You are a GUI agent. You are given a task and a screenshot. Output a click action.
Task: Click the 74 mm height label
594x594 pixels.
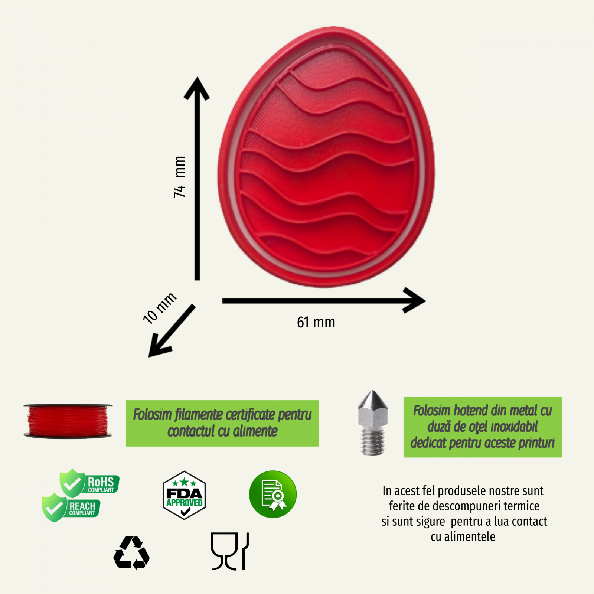179,177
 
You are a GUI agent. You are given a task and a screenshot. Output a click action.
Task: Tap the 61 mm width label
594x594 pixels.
316,322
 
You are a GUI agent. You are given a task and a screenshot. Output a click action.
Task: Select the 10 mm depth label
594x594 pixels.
160,308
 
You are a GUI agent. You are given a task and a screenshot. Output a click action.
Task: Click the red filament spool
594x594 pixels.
68,421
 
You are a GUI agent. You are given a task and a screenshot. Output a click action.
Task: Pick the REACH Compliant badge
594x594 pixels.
71,507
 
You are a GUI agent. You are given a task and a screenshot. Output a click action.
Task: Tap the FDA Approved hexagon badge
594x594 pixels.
184,495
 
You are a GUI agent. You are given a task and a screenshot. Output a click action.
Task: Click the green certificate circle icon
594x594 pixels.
273,494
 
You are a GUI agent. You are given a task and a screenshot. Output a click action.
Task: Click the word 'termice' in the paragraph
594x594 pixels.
522,506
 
